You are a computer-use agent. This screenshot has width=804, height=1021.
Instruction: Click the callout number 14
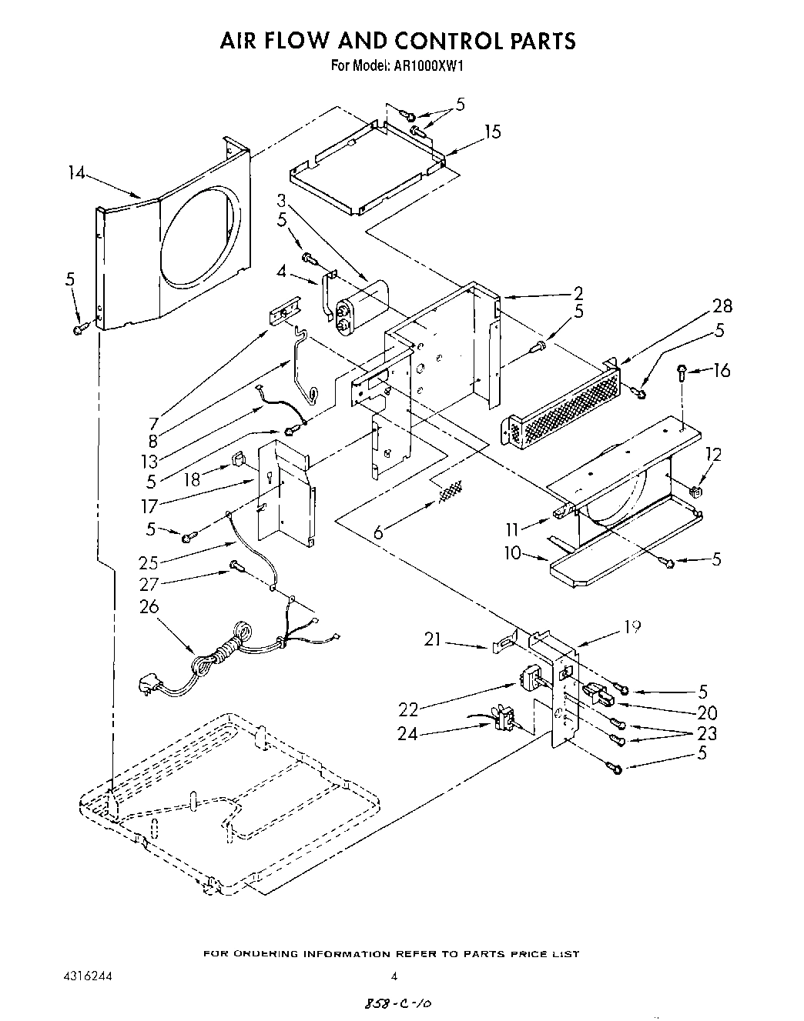click(75, 174)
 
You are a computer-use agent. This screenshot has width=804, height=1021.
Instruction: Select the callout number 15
click(492, 132)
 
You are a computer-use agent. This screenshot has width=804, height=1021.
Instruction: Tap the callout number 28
click(722, 306)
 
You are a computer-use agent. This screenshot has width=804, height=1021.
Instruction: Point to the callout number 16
click(721, 370)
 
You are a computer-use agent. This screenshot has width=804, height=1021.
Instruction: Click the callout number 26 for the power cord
click(148, 607)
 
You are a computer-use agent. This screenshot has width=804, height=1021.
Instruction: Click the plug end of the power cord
click(149, 682)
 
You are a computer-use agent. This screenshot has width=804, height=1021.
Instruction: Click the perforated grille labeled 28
click(560, 407)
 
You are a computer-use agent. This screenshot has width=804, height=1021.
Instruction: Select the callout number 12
click(713, 455)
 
